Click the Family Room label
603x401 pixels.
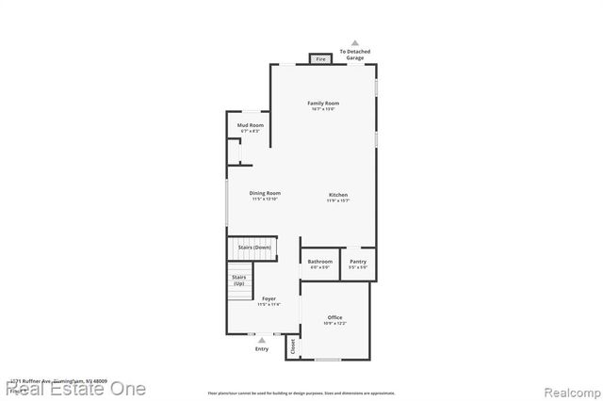(x=323, y=103)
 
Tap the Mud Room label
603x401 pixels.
(x=250, y=125)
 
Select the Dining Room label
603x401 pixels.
(x=266, y=193)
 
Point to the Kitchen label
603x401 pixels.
(x=338, y=195)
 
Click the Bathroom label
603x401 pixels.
(x=320, y=262)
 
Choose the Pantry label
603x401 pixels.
(x=358, y=262)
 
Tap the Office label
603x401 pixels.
(x=335, y=317)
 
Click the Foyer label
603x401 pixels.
(x=269, y=298)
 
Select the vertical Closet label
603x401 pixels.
(x=292, y=346)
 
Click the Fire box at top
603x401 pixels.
(x=320, y=59)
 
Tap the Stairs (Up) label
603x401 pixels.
(x=238, y=280)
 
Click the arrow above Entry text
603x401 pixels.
(x=262, y=341)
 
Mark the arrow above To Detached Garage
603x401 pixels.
(x=355, y=42)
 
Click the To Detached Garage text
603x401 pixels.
(x=355, y=55)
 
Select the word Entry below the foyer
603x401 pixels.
(x=262, y=349)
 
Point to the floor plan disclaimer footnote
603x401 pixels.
(x=301, y=393)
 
